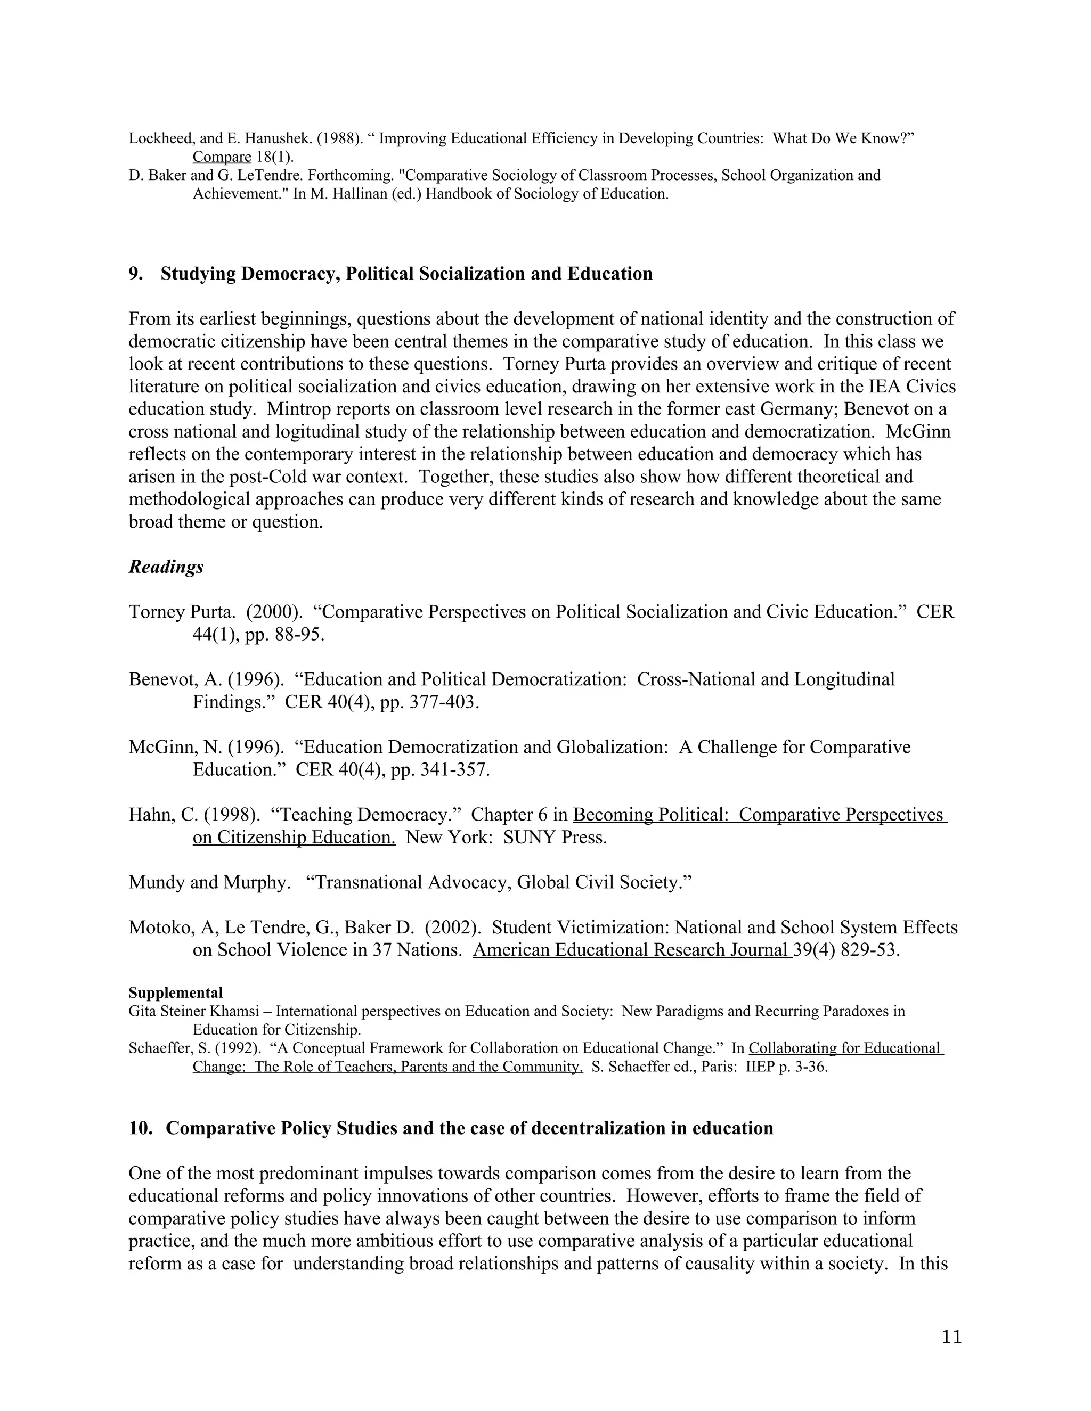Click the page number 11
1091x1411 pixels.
click(x=951, y=1336)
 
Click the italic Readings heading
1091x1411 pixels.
click(x=166, y=567)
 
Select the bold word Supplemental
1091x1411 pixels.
click(x=175, y=993)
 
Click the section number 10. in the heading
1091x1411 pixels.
click(x=140, y=1128)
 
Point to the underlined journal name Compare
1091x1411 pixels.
click(x=222, y=157)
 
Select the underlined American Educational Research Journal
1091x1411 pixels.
click(x=632, y=950)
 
